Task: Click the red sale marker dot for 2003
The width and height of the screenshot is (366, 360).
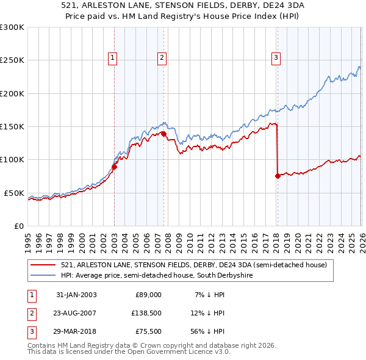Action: point(114,167)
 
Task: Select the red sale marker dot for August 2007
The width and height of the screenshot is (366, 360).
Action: point(163,134)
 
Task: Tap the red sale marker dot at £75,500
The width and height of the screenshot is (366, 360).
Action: point(278,176)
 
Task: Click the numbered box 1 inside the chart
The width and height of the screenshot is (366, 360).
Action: point(112,59)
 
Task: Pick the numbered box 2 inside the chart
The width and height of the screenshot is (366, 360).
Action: point(162,59)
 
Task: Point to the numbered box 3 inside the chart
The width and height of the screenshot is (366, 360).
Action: point(276,59)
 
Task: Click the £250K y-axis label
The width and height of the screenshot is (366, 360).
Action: point(12,60)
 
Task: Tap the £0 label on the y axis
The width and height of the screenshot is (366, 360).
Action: point(19,226)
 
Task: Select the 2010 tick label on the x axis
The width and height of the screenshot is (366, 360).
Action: point(190,243)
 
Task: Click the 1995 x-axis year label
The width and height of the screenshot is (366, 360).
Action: point(28,243)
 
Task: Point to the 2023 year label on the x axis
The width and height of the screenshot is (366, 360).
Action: point(330,243)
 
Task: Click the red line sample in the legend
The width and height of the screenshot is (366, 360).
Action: point(43,265)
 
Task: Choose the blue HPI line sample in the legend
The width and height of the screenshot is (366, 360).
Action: point(43,275)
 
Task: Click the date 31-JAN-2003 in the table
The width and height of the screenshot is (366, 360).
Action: point(76,295)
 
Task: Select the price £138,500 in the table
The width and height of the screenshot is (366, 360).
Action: point(146,313)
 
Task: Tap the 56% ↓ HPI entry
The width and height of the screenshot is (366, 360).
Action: point(207,331)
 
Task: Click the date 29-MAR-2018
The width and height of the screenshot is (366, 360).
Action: point(74,331)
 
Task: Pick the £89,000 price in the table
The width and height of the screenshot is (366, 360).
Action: point(148,295)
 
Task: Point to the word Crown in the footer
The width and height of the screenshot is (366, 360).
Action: point(151,345)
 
